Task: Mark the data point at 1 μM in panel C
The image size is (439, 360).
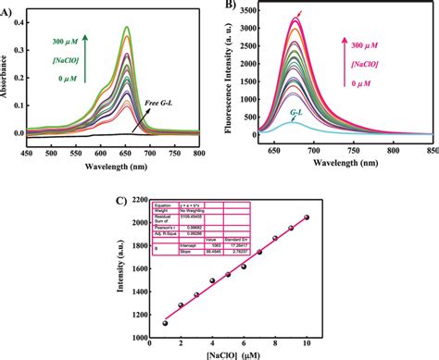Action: tap(166, 323)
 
